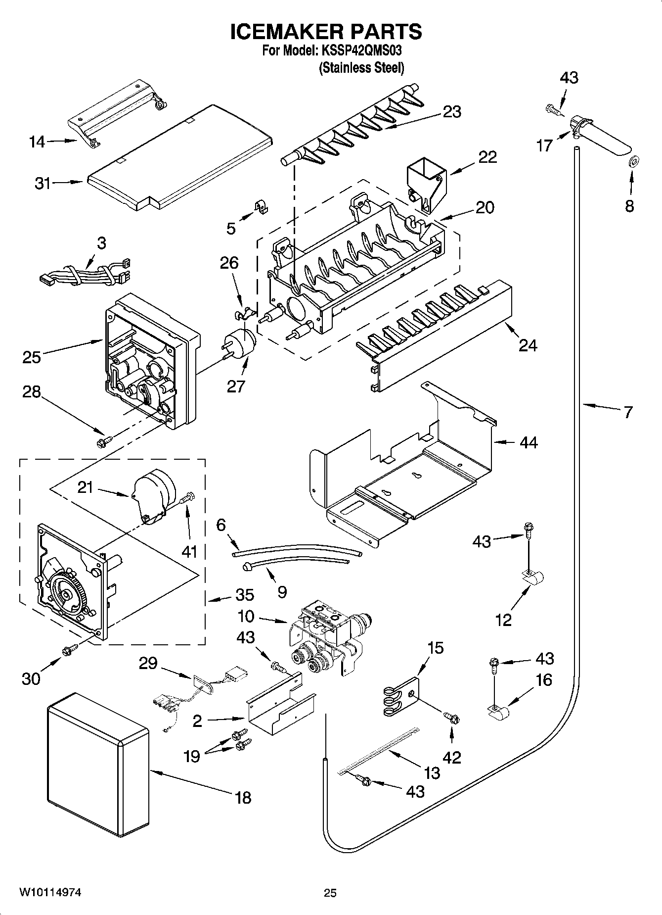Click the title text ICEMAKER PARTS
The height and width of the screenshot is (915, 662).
pyautogui.click(x=326, y=31)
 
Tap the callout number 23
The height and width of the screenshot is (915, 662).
pyautogui.click(x=452, y=112)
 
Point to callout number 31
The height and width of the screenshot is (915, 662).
pyautogui.click(x=43, y=184)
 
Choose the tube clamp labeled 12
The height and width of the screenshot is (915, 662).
pyautogui.click(x=531, y=577)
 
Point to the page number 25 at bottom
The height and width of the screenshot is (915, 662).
pyautogui.click(x=330, y=893)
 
